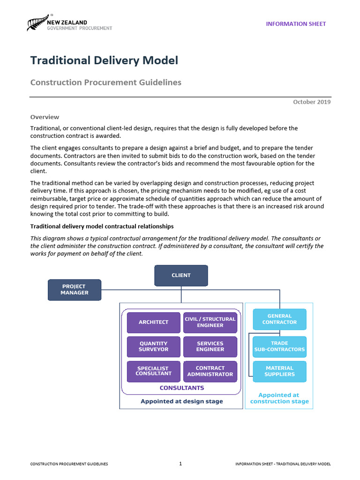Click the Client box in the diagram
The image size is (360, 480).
[x=181, y=275]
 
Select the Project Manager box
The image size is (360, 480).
[x=74, y=290]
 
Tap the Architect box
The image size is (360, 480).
[x=153, y=322]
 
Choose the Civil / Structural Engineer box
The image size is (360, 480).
[x=210, y=322]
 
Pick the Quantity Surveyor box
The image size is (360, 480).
[x=153, y=346]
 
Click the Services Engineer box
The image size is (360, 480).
[x=210, y=346]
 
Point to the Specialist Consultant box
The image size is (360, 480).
[x=153, y=371]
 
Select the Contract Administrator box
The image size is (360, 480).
[x=210, y=371]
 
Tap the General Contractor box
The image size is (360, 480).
[x=279, y=319]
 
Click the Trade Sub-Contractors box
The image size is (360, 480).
[x=279, y=346]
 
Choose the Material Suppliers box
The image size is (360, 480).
[x=279, y=371]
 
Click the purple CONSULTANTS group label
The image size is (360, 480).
[x=182, y=388]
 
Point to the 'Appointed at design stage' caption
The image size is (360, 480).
[x=182, y=401]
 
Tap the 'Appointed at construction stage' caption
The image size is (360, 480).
[x=279, y=398]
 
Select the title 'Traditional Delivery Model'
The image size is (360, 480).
[x=104, y=60]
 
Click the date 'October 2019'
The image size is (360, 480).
[x=312, y=102]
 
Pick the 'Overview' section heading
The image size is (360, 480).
[x=45, y=117]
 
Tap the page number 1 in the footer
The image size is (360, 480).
[x=180, y=464]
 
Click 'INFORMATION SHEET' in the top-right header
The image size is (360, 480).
[x=296, y=24]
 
